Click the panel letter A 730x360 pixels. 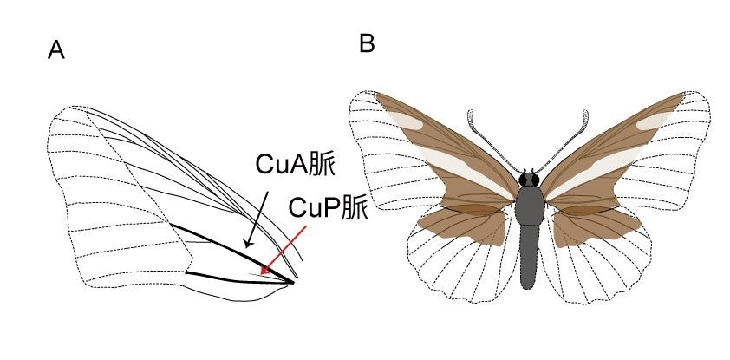pyautogui.click(x=56, y=51)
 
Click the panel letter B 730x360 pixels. pyautogui.click(x=367, y=43)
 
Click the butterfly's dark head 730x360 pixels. pyautogui.click(x=528, y=180)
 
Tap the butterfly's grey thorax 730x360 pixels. pyautogui.click(x=528, y=209)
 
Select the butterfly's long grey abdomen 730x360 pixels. pyautogui.click(x=528, y=260)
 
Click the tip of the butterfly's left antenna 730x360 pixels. pyautogui.click(x=471, y=113)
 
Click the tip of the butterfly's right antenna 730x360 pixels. pyautogui.click(x=586, y=113)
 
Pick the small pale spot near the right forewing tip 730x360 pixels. pyautogui.click(x=649, y=123)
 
